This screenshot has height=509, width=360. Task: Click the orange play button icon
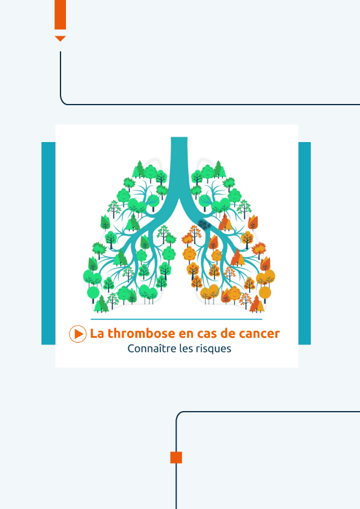(77, 334)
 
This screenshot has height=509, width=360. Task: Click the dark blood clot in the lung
(205, 224)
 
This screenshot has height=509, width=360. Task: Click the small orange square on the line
(176, 458)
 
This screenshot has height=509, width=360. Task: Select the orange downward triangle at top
(60, 38)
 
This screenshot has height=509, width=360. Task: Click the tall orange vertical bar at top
(60, 15)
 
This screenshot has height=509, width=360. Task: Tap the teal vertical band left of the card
(48, 243)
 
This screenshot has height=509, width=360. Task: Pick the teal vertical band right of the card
(304, 243)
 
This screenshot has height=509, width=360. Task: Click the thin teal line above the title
(177, 319)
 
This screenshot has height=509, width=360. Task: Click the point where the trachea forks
(179, 199)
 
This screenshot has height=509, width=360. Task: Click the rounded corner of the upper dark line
(64, 102)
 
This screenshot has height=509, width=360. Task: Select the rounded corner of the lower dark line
(179, 415)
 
